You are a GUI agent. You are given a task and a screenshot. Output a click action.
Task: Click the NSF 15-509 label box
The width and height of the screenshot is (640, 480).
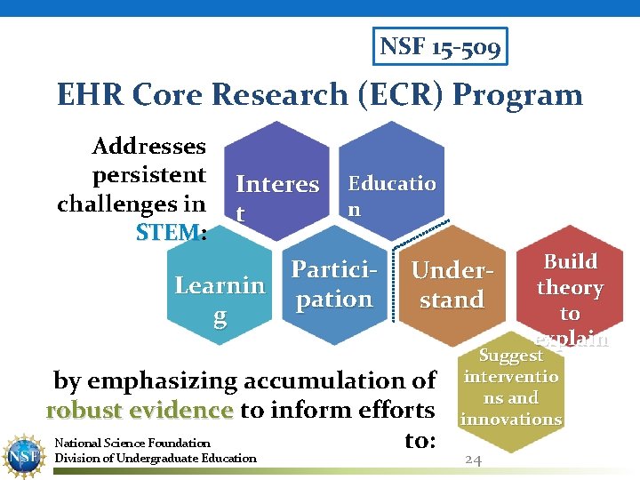point(441,46)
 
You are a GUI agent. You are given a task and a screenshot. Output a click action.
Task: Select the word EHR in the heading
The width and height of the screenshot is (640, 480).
point(88,94)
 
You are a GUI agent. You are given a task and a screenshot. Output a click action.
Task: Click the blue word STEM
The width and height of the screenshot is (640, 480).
point(169,232)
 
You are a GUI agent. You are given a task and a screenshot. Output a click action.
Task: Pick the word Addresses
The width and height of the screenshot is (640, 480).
point(148,146)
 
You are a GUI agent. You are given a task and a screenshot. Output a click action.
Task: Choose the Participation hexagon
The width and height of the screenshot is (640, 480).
point(333,284)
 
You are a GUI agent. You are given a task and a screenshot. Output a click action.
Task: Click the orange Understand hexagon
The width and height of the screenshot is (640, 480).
point(452,284)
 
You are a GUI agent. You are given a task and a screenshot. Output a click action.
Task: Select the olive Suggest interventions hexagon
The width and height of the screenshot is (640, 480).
point(511,391)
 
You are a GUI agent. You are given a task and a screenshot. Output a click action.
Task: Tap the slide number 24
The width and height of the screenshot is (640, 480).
point(474,460)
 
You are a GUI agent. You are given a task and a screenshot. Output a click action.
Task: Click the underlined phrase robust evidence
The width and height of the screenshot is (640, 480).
point(140,411)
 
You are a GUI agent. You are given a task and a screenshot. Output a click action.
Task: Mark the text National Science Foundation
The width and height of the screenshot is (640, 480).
point(132,443)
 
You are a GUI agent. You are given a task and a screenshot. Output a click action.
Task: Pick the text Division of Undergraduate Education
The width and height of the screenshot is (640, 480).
point(156,459)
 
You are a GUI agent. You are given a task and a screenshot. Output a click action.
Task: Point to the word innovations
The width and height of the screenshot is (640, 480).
point(511,419)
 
